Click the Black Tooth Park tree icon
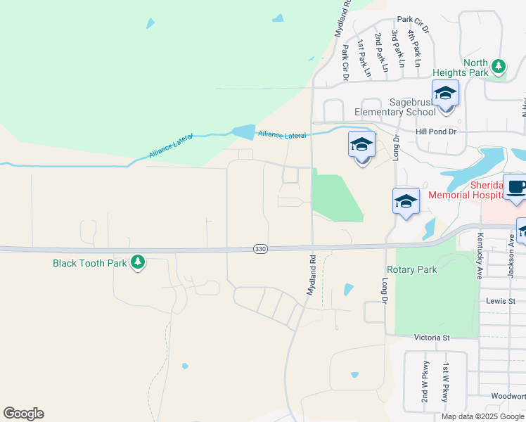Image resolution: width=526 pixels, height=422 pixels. (x=139, y=262)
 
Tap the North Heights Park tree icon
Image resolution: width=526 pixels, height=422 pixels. (x=499, y=66)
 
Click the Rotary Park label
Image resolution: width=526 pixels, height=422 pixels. (x=411, y=269)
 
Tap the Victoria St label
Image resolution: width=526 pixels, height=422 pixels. (x=432, y=338)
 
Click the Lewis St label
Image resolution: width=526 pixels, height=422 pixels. (x=501, y=300)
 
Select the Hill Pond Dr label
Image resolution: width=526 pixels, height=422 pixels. (x=436, y=132)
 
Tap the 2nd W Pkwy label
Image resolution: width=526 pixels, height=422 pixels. (x=425, y=385)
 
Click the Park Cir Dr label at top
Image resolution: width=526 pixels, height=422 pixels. (x=413, y=24)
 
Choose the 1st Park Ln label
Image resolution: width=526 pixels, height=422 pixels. (x=363, y=58)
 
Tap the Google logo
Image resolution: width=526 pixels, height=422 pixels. (x=23, y=414)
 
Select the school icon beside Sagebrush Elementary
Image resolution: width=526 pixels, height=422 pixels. (x=445, y=94)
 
